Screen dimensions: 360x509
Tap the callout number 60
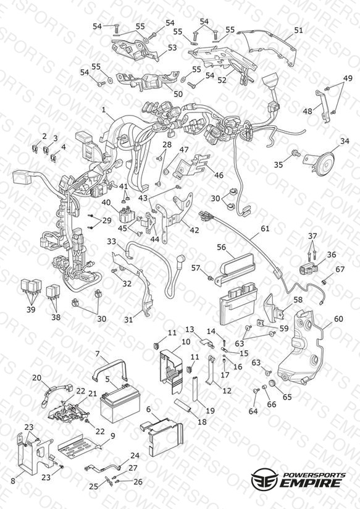point(338,319)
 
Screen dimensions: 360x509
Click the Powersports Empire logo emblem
point(264,478)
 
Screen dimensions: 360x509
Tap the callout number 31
point(129,320)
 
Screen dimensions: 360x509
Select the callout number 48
point(307,111)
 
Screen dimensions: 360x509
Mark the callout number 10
point(186,342)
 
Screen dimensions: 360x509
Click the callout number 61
point(265,229)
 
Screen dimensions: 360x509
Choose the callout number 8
point(13,481)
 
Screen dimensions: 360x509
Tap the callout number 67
point(340,269)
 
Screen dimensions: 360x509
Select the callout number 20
point(36,377)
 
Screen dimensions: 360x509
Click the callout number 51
point(298,30)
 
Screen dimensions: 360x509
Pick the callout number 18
point(202,422)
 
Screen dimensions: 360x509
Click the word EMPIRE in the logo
point(311,482)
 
